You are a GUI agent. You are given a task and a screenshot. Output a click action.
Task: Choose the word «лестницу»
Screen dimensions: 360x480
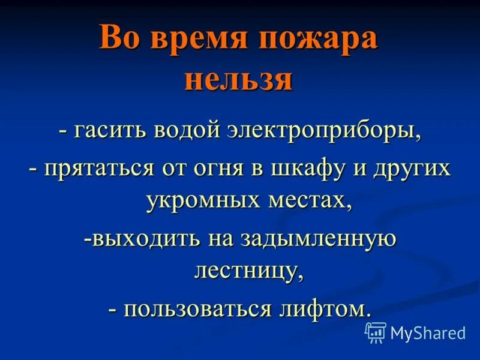pyautogui.click(x=246, y=271)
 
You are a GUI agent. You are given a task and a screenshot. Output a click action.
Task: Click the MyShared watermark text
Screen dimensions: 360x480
pyautogui.click(x=428, y=332)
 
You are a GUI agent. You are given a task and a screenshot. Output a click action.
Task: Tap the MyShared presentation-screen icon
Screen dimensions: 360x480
pyautogui.click(x=376, y=332)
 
